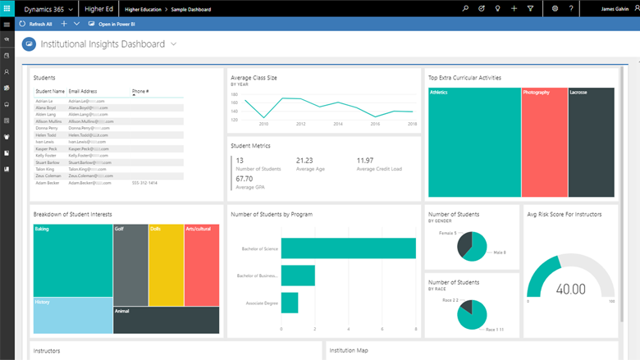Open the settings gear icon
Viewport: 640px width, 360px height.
click(x=555, y=8)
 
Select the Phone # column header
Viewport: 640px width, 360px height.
click(x=140, y=91)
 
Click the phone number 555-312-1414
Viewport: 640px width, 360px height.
click(x=144, y=183)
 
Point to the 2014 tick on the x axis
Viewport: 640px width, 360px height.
click(x=338, y=124)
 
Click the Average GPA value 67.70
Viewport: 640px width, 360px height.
click(x=245, y=178)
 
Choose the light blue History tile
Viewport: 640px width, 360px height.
click(x=72, y=315)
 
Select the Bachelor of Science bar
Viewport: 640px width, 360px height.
click(x=348, y=248)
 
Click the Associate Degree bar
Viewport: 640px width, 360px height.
click(x=289, y=303)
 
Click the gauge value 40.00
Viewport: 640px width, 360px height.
click(x=571, y=289)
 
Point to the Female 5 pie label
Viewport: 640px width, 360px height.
click(x=447, y=234)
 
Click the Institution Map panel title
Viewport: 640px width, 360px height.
click(x=349, y=351)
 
